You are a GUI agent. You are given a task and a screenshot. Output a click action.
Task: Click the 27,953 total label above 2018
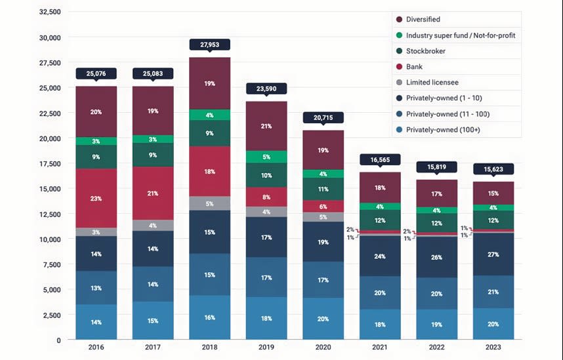tap(209, 45)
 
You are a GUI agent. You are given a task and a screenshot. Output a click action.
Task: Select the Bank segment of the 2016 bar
tap(96, 198)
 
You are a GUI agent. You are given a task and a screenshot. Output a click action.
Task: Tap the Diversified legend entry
tap(423, 20)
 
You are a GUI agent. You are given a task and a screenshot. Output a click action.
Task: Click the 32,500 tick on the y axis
tap(51, 12)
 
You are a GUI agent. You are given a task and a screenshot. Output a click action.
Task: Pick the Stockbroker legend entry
tap(426, 51)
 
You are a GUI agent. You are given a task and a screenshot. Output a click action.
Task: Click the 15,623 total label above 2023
tap(493, 169)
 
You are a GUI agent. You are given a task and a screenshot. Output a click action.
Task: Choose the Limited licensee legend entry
tap(432, 83)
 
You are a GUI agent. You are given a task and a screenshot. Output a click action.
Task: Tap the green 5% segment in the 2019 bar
tap(266, 157)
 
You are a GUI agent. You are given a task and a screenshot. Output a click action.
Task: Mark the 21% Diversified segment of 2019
tap(266, 126)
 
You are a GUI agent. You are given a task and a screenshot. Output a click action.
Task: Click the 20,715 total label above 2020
tap(323, 117)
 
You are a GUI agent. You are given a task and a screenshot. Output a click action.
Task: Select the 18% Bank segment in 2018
tap(209, 171)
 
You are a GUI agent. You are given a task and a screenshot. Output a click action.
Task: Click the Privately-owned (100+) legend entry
tap(443, 130)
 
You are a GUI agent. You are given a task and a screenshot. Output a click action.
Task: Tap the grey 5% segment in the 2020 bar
tap(323, 217)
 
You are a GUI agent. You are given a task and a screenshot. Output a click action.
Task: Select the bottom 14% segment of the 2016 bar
tap(96, 322)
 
